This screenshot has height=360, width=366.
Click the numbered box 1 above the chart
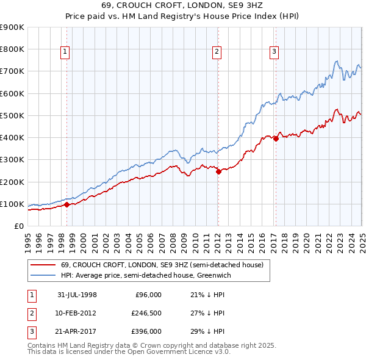[x=65, y=52]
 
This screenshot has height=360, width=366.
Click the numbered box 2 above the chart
[x=217, y=52]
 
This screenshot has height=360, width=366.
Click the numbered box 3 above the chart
[x=274, y=52]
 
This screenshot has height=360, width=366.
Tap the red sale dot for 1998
[x=67, y=204]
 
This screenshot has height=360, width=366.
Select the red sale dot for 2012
[x=218, y=171]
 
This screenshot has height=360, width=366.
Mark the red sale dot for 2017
[x=276, y=139]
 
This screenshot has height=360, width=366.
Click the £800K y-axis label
[x=12, y=49]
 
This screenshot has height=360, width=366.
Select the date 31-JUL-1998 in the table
[x=77, y=295]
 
